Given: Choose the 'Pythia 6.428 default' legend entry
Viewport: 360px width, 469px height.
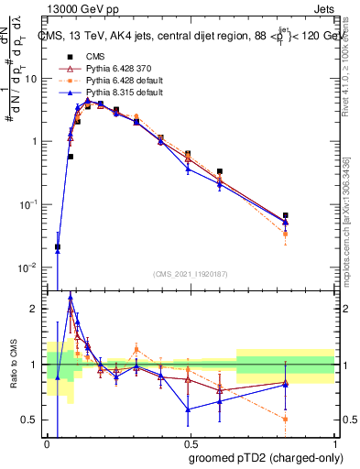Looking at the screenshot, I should pos(104,80).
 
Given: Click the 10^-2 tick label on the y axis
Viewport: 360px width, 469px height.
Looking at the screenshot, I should pos(30,267).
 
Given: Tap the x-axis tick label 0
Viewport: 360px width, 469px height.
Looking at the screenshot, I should pos(47,442).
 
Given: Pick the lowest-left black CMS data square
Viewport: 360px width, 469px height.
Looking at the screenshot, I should pos(58,247).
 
